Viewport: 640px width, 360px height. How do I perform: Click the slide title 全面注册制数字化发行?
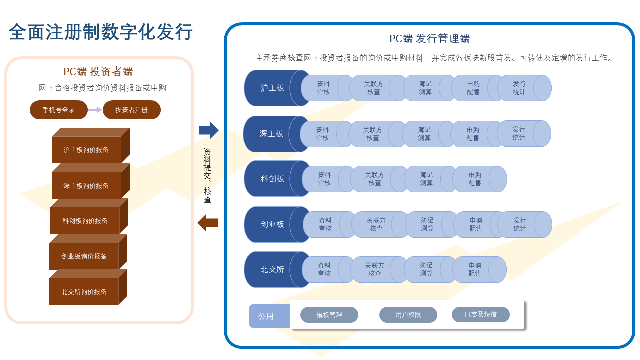(x=101, y=32)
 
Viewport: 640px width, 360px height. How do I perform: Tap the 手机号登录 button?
(x=59, y=110)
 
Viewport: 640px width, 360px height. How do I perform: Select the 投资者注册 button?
(x=132, y=110)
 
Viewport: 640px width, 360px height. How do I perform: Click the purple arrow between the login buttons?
(x=95, y=110)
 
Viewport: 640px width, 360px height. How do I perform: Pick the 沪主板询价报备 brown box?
(x=86, y=149)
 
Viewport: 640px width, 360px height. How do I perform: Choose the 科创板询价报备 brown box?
(x=85, y=220)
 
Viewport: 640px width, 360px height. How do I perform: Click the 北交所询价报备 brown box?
(x=84, y=291)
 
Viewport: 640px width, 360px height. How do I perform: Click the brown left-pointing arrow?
(x=208, y=223)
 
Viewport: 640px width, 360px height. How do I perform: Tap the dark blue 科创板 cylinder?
(x=272, y=179)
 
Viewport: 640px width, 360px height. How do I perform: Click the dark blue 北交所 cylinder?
(x=272, y=270)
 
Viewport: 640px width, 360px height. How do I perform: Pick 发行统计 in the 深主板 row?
(x=519, y=134)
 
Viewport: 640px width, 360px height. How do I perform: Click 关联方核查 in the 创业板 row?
(x=376, y=224)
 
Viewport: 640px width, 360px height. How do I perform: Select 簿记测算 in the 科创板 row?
(x=426, y=179)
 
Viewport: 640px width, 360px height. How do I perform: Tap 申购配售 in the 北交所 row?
(x=475, y=269)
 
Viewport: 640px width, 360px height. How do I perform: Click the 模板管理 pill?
(x=329, y=315)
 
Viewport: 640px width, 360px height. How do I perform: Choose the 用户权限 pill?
(x=408, y=315)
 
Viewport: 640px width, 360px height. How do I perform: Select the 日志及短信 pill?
(x=481, y=315)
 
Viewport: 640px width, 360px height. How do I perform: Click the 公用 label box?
(x=266, y=316)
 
